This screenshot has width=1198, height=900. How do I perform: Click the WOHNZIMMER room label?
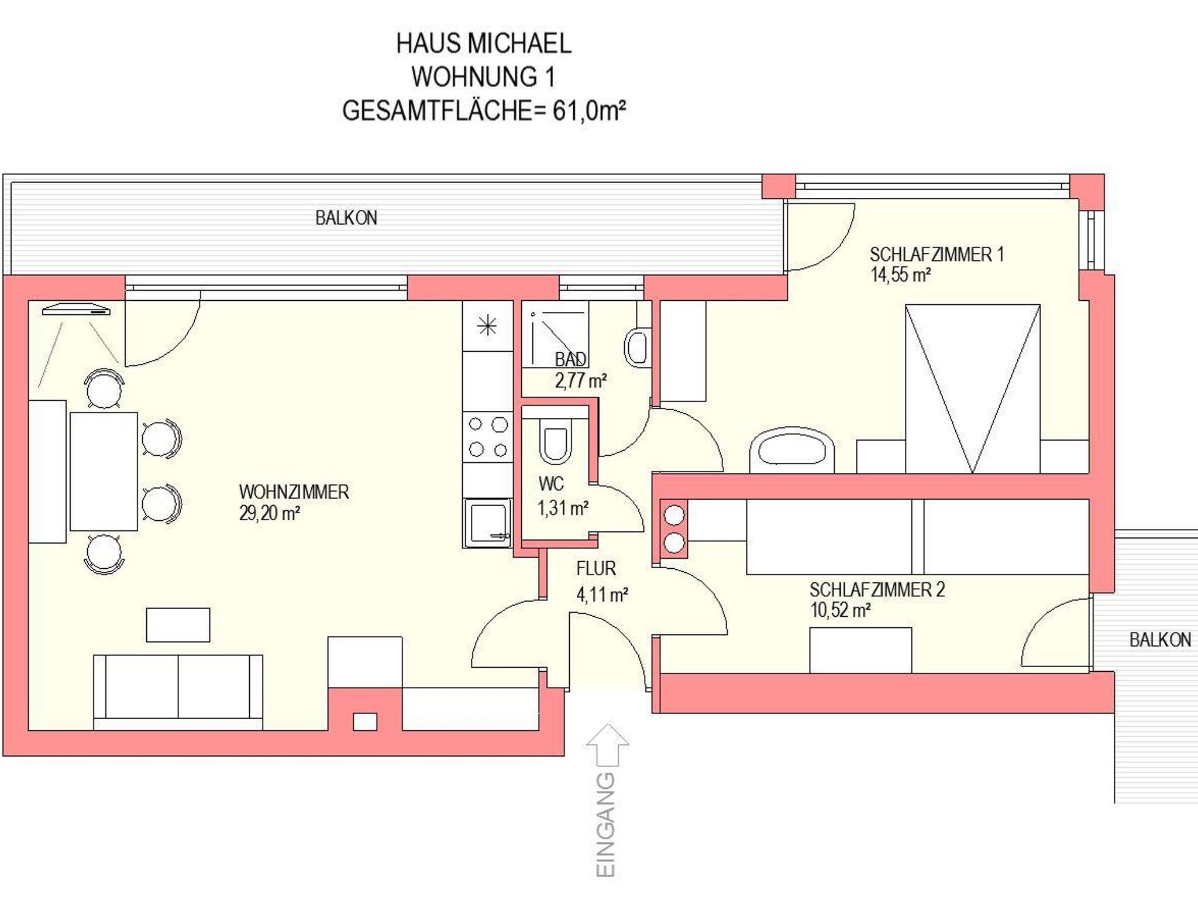pyautogui.click(x=294, y=492)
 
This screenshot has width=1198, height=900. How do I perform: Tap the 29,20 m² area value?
pyautogui.click(x=270, y=514)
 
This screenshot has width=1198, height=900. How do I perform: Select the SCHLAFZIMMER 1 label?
pyautogui.click(x=937, y=255)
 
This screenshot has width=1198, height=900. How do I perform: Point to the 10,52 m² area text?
pyautogui.click(x=841, y=610)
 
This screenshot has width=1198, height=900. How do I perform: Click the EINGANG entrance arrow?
pyautogui.click(x=608, y=745)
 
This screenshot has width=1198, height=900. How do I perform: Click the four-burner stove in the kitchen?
pyautogui.click(x=488, y=437)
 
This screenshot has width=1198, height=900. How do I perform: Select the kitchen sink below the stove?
pyautogui.click(x=487, y=523)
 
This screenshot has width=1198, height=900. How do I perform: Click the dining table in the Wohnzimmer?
pyautogui.click(x=104, y=472)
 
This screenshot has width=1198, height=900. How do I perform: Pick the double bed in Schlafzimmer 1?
pyautogui.click(x=972, y=389)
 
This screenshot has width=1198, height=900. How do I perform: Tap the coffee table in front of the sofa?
pyautogui.click(x=178, y=625)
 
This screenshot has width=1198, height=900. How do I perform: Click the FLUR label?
pyautogui.click(x=595, y=569)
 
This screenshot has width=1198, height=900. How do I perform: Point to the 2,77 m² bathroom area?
pyautogui.click(x=580, y=381)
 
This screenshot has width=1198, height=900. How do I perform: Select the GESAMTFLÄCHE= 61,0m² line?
pyautogui.click(x=484, y=111)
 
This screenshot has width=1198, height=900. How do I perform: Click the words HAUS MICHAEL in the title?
pyautogui.click(x=484, y=43)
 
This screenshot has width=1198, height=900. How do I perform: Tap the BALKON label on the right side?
pyautogui.click(x=1160, y=640)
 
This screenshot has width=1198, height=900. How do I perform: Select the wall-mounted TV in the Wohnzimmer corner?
pyautogui.click(x=76, y=310)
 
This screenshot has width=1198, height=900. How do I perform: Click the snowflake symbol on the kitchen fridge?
pyautogui.click(x=487, y=326)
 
